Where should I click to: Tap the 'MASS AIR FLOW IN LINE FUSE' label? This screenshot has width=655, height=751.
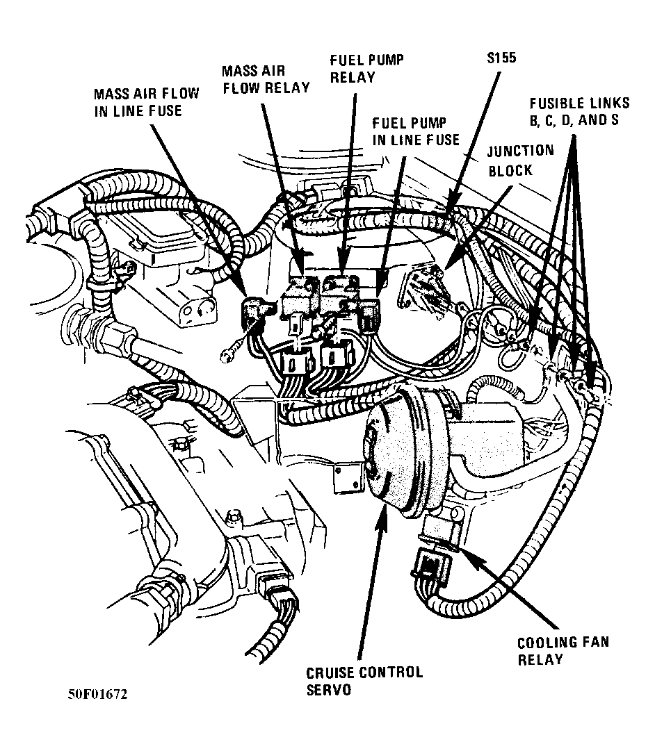point(146,101)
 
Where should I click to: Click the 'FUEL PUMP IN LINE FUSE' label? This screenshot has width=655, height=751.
point(415,131)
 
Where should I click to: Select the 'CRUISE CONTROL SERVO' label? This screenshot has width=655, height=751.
point(364,681)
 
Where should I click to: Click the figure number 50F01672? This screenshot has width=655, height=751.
point(97,695)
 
